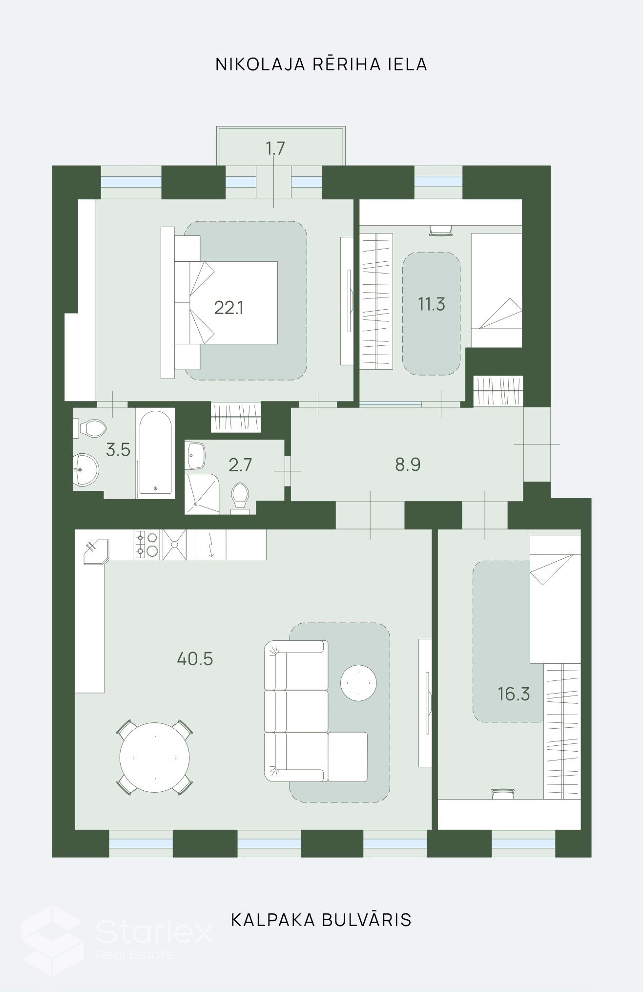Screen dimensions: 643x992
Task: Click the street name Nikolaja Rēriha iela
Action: pyautogui.click(x=321, y=64)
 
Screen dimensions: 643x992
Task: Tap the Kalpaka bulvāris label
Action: pyautogui.click(x=321, y=920)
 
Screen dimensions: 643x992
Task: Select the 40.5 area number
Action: pyautogui.click(x=195, y=659)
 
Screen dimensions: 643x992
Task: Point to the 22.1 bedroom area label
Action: pyautogui.click(x=228, y=308)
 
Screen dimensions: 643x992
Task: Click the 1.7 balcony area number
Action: pyautogui.click(x=275, y=148)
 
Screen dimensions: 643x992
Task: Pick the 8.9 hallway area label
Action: pyautogui.click(x=408, y=464)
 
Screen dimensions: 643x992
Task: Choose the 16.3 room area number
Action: pyautogui.click(x=514, y=694)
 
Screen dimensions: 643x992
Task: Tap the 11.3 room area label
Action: pyautogui.click(x=432, y=304)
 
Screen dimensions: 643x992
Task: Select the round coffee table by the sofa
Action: pyautogui.click(x=358, y=682)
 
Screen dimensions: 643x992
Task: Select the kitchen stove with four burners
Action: pyautogui.click(x=146, y=545)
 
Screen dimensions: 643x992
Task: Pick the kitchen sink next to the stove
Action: pyautogui.click(x=175, y=545)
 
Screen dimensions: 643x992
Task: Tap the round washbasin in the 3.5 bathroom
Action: pyautogui.click(x=85, y=470)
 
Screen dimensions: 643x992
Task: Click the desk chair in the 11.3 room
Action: pyautogui.click(x=441, y=231)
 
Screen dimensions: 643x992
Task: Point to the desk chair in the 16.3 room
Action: pyautogui.click(x=503, y=794)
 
